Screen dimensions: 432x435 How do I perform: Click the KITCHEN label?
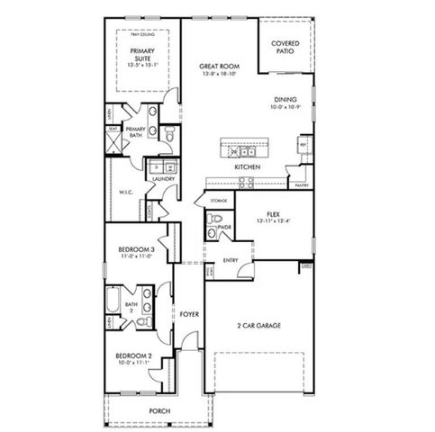[x=248, y=167]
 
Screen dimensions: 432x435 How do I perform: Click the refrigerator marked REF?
[x=304, y=146]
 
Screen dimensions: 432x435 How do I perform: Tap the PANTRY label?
[x=300, y=185]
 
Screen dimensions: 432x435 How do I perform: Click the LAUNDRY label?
[x=163, y=179]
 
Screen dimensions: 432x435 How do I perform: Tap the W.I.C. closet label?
[x=125, y=191]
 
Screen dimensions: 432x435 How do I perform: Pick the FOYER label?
[x=188, y=315]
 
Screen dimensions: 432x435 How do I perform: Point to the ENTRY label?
[x=230, y=261]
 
